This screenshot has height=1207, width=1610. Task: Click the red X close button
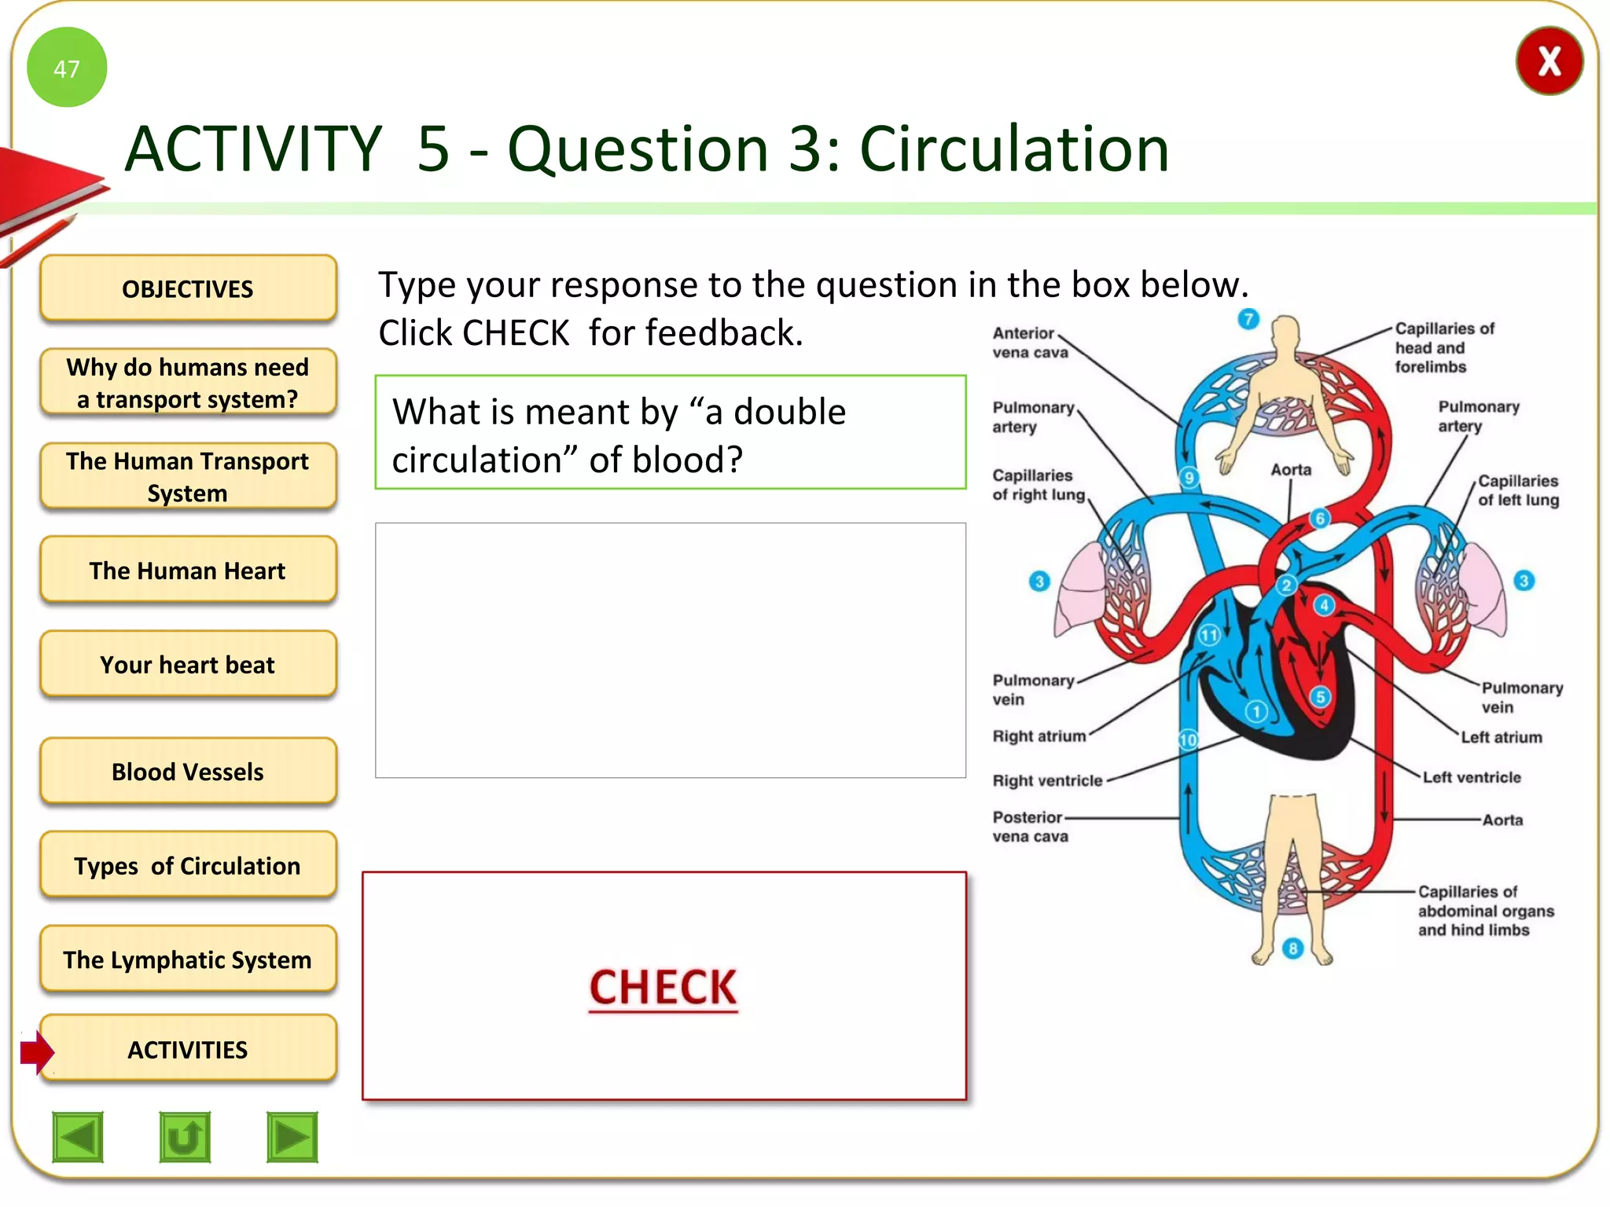pyautogui.click(x=1549, y=61)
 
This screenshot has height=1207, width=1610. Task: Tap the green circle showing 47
pyautogui.click(x=67, y=68)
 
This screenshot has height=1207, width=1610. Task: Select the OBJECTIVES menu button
pyautogui.click(x=188, y=288)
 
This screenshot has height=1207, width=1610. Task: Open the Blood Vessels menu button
pyautogui.click(x=188, y=771)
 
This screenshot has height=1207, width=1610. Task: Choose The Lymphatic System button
pyautogui.click(x=188, y=959)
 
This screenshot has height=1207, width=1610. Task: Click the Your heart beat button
pyautogui.click(x=188, y=664)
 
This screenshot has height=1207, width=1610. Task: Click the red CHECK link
pyautogui.click(x=663, y=987)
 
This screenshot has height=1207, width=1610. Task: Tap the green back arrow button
pyautogui.click(x=78, y=1136)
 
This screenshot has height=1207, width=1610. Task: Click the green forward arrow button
pyautogui.click(x=292, y=1136)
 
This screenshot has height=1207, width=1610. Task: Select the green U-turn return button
pyautogui.click(x=185, y=1136)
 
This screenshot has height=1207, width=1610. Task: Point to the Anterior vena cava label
pyautogui.click(x=1029, y=343)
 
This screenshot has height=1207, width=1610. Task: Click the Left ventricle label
pyautogui.click(x=1472, y=777)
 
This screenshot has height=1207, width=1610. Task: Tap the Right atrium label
pyautogui.click(x=1038, y=736)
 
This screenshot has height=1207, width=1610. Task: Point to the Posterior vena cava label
pyautogui.click(x=1029, y=827)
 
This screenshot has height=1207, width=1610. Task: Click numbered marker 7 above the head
pyautogui.click(x=1248, y=319)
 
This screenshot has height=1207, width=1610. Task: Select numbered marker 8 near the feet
pyautogui.click(x=1292, y=948)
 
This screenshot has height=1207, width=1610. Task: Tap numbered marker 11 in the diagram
pyautogui.click(x=1209, y=634)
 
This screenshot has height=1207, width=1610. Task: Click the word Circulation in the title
pyautogui.click(x=1014, y=149)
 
